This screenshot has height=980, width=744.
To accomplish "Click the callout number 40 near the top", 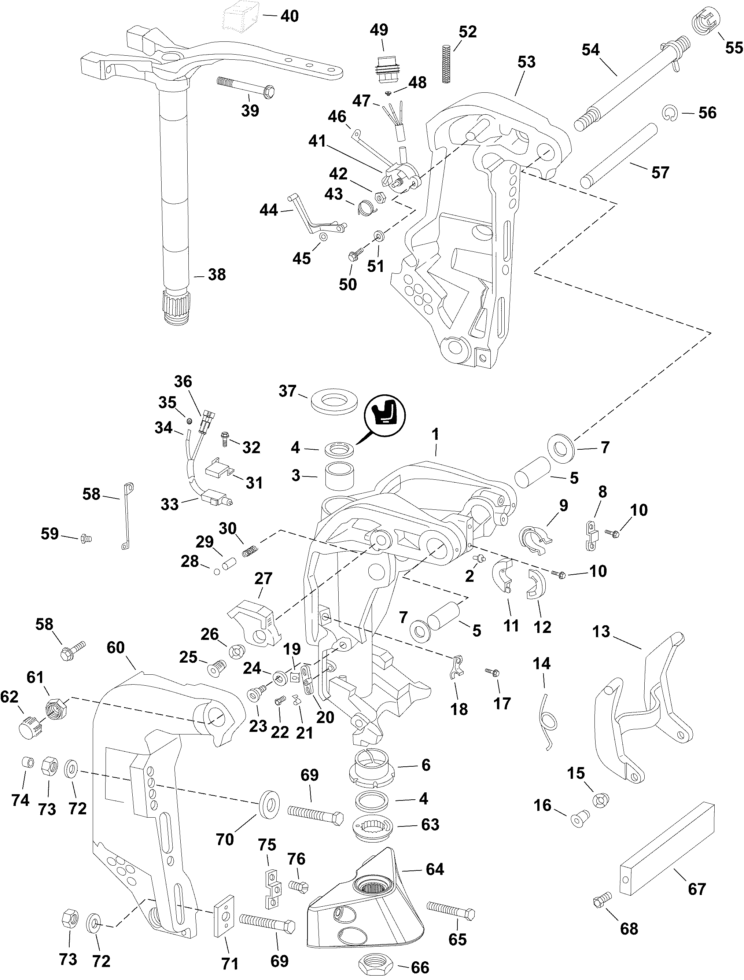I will pyautogui.click(x=290, y=16).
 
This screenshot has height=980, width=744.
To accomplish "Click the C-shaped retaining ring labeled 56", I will pyautogui.click(x=671, y=113).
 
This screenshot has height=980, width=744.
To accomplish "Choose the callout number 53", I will pyautogui.click(x=526, y=62).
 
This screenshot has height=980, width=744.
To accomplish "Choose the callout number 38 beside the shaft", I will pyautogui.click(x=217, y=275).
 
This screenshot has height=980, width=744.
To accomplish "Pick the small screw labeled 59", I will pyautogui.click(x=85, y=538).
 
